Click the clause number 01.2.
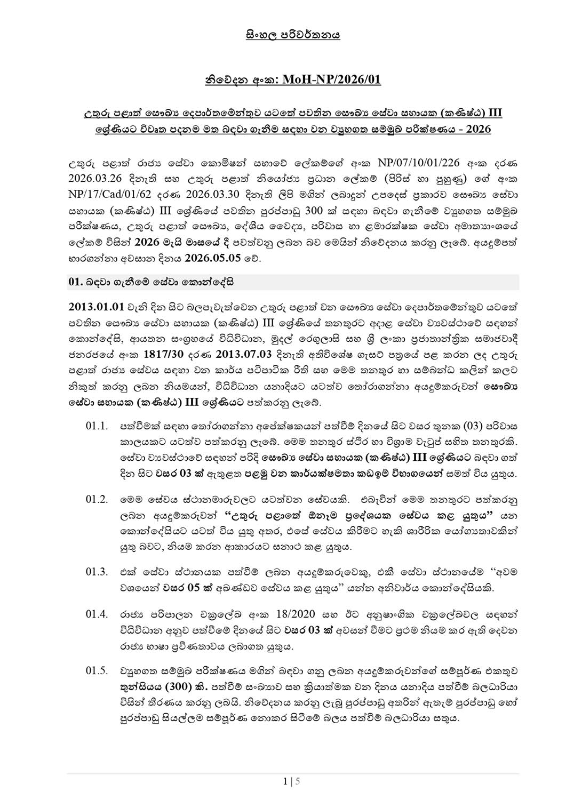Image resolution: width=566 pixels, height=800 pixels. point(97,500)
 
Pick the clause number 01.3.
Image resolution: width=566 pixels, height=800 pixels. point(97,572)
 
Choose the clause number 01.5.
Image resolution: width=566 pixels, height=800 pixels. point(97,670)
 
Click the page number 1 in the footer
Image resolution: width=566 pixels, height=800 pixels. point(285,782)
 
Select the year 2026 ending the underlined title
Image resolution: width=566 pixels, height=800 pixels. point(478,129)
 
